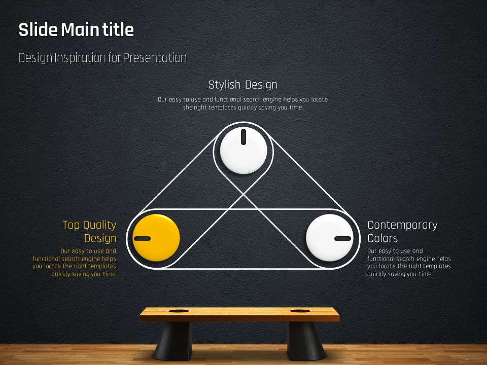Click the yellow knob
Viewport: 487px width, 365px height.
156,238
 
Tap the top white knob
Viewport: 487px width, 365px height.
243,151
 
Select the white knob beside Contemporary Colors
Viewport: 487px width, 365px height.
330,238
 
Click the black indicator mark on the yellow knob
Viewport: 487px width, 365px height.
142,238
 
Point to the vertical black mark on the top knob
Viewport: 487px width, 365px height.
243,137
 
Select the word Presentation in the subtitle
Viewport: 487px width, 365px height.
155,58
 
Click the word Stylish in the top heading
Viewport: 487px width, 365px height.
224,85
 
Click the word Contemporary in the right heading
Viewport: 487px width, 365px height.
402,225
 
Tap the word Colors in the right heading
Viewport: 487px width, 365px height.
382,238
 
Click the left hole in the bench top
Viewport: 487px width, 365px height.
179,311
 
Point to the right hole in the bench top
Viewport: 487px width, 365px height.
300,311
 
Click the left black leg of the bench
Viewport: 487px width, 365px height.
172,341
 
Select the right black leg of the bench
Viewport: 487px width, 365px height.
306,341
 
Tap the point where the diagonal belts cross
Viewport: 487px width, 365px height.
243,195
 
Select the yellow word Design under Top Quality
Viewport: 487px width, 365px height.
100,238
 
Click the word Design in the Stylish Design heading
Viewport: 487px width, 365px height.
261,85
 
